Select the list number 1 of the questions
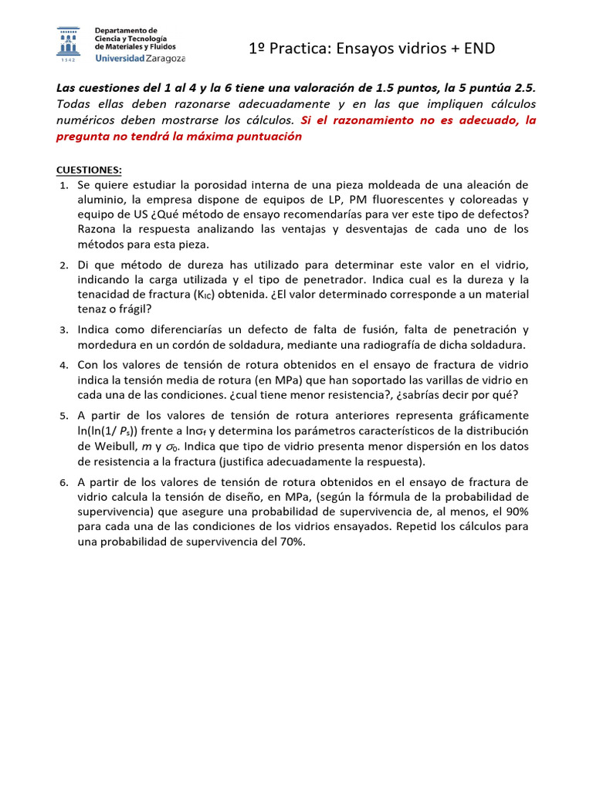64,186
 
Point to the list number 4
64,364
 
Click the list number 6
64,483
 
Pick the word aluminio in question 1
101,200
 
